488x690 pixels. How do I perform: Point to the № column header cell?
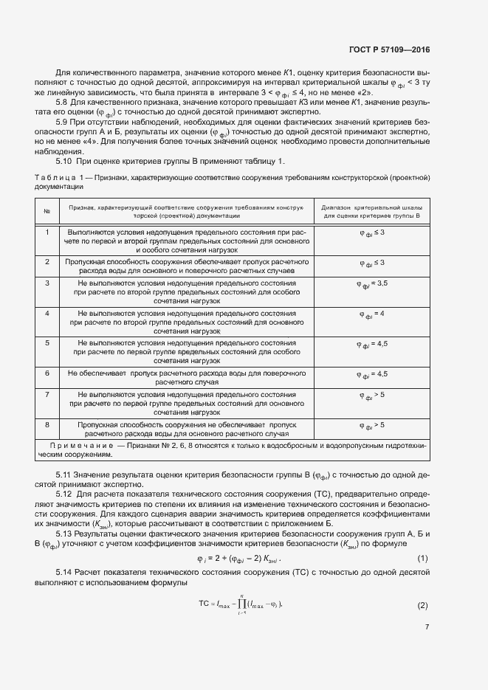(47, 213)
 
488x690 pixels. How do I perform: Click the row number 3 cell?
(47, 283)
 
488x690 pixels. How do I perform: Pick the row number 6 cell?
(47, 374)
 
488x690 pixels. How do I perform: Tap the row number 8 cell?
(47, 425)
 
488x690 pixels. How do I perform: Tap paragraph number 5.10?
(65, 161)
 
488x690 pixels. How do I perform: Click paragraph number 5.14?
(65, 572)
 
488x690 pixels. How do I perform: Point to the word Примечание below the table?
(78, 447)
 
